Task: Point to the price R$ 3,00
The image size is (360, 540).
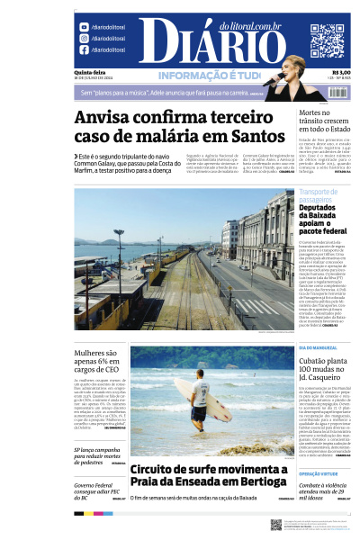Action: tap(341, 73)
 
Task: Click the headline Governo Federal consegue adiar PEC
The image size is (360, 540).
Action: tap(96, 490)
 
